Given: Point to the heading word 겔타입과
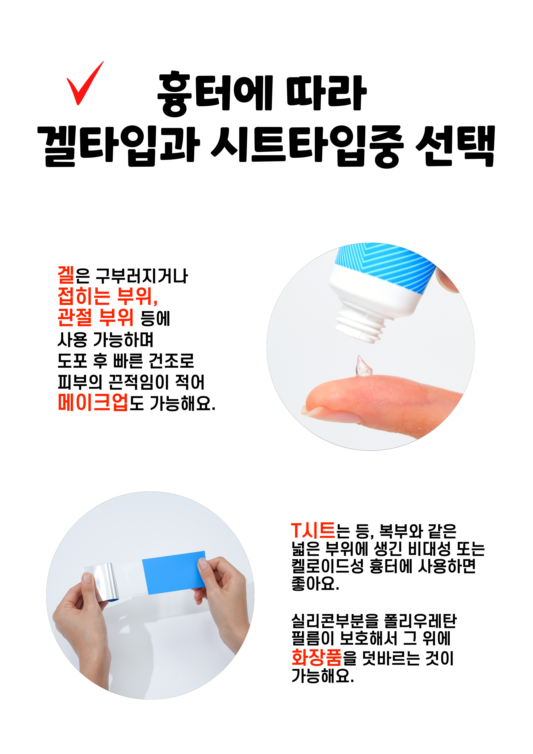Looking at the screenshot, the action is [119, 146].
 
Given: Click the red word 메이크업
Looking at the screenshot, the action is [93, 403].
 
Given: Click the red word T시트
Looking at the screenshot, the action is [313, 531].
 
